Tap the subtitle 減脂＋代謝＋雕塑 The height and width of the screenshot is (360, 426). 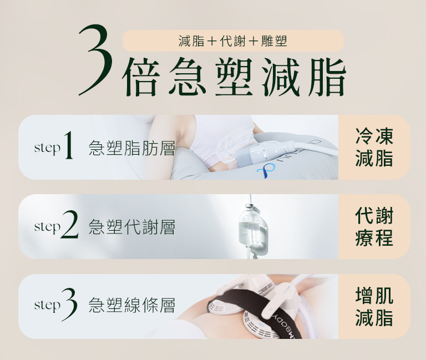233,40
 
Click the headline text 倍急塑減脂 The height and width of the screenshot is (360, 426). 235,77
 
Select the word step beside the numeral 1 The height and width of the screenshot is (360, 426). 47,148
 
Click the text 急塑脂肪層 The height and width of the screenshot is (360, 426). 131,148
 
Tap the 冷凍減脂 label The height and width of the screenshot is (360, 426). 374,148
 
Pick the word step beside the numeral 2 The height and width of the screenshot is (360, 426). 47,227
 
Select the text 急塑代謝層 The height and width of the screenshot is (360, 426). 131,227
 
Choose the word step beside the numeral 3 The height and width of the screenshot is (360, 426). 47,306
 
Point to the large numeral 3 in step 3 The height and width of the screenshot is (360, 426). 69,305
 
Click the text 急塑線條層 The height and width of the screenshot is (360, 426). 131,306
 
